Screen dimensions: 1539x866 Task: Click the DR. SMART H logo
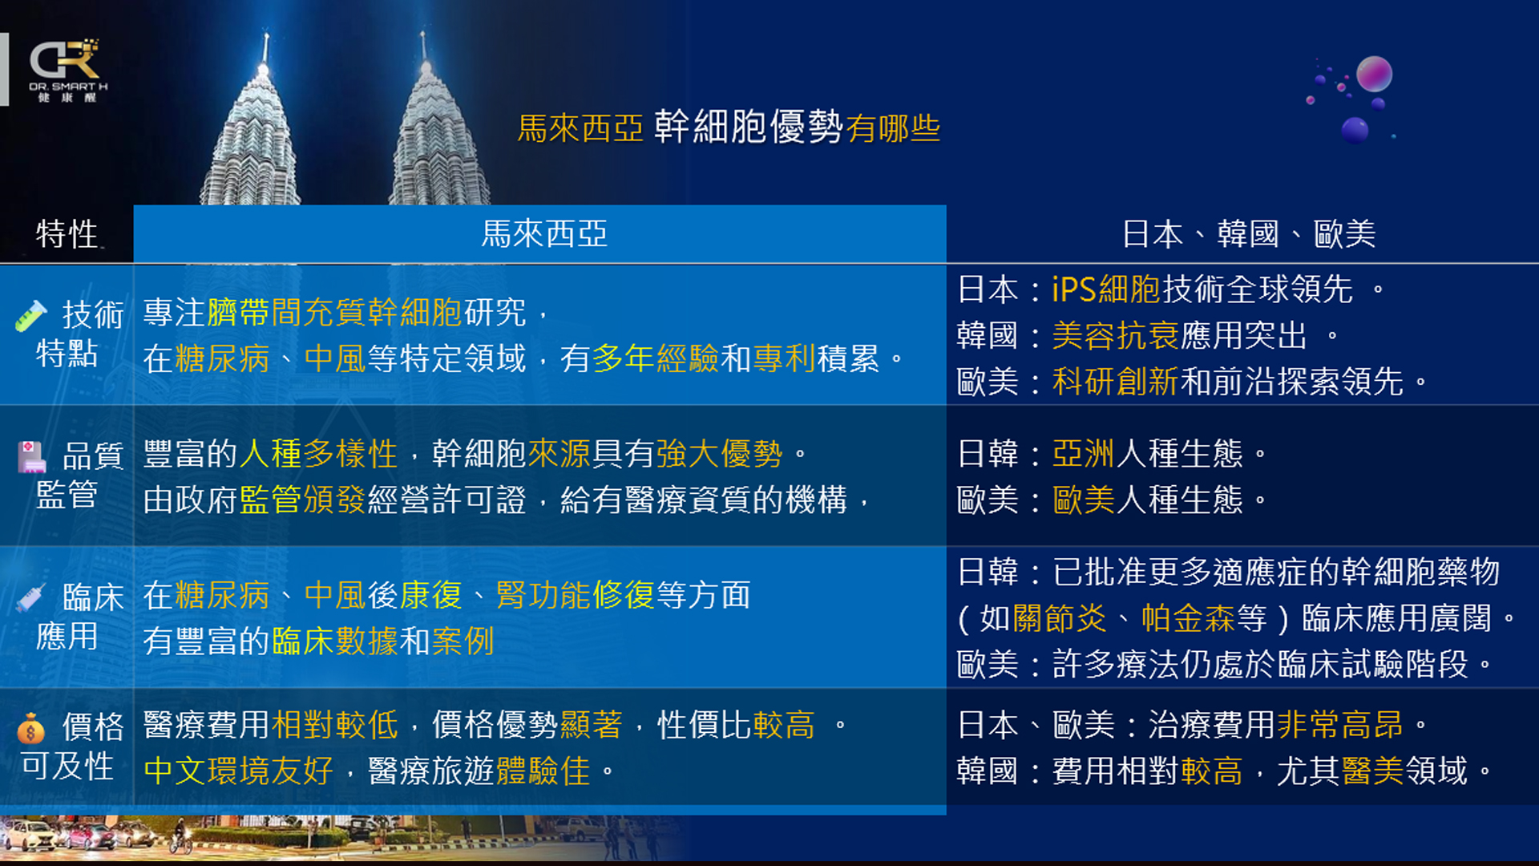pyautogui.click(x=68, y=70)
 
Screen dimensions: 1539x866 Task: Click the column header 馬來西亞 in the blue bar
pyautogui.click(x=544, y=234)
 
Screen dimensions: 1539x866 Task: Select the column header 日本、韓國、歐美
pyautogui.click(x=1248, y=234)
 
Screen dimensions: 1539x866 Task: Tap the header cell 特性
pyautogui.click(x=67, y=234)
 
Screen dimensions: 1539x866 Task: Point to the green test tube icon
pyautogui.click(x=30, y=315)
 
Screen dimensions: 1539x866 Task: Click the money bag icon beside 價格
pyautogui.click(x=30, y=729)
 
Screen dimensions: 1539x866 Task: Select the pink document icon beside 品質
pyautogui.click(x=31, y=456)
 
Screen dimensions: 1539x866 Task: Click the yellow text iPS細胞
pyautogui.click(x=1106, y=289)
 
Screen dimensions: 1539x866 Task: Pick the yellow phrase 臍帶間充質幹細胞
pyautogui.click(x=334, y=313)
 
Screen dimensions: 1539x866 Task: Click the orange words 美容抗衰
pyautogui.click(x=1115, y=335)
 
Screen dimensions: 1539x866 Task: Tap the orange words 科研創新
pyautogui.click(x=1115, y=382)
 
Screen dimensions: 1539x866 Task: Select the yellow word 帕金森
pyautogui.click(x=1188, y=618)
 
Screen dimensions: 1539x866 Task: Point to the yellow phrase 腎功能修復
pyautogui.click(x=576, y=595)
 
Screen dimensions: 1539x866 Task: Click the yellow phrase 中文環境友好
pyautogui.click(x=239, y=771)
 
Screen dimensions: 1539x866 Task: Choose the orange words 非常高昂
pyautogui.click(x=1339, y=725)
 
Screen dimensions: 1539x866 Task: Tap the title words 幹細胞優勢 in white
pyautogui.click(x=748, y=127)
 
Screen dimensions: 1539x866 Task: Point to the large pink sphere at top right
pyautogui.click(x=1374, y=75)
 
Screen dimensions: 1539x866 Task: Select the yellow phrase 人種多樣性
pyautogui.click(x=318, y=454)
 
